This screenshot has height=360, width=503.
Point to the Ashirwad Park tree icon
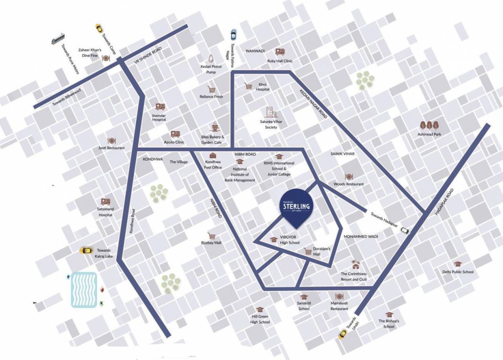coord(429,125)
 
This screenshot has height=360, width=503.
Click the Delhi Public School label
coord(458,272)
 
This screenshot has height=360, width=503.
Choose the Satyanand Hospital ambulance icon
coord(105,202)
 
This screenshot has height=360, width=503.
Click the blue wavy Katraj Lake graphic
coord(84,290)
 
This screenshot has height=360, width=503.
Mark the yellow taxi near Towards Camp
coord(99,28)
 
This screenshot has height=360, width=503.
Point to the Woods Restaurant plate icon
coord(348,177)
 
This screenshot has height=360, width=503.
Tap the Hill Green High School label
coord(261,319)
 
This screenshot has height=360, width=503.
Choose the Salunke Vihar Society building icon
coord(269,112)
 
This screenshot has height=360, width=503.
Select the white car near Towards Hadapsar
coord(405,230)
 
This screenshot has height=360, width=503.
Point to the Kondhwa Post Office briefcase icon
coord(213,155)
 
